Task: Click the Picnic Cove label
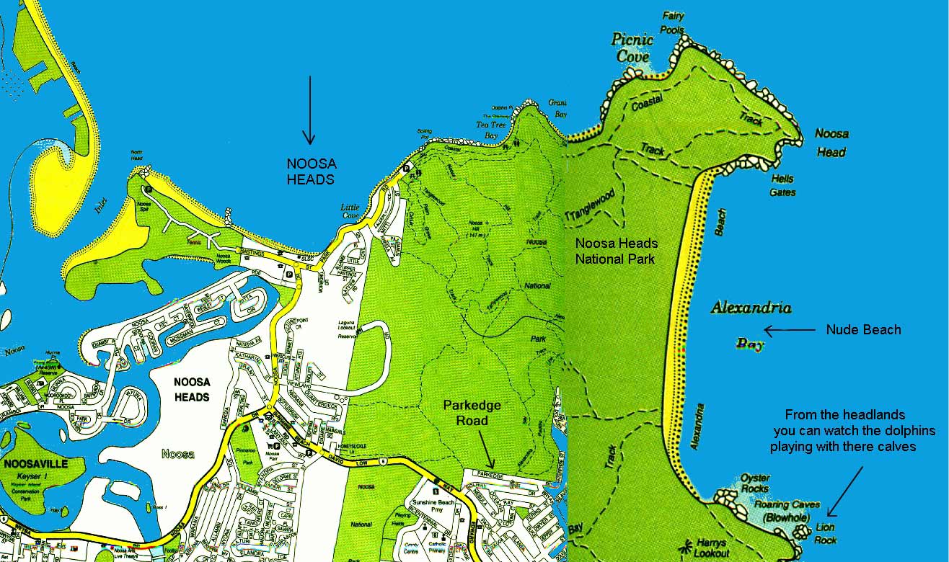[632, 47]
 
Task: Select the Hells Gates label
[782, 185]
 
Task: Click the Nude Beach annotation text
[863, 330]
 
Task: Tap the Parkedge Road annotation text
[472, 413]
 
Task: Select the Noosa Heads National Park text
[616, 251]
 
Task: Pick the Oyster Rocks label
[754, 483]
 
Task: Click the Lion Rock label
[825, 533]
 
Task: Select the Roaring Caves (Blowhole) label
[787, 510]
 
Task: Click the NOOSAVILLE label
[35, 464]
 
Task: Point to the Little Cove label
[350, 211]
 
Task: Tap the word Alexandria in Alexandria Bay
[751, 308]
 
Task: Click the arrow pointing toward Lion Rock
[844, 491]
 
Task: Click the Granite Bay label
[557, 108]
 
